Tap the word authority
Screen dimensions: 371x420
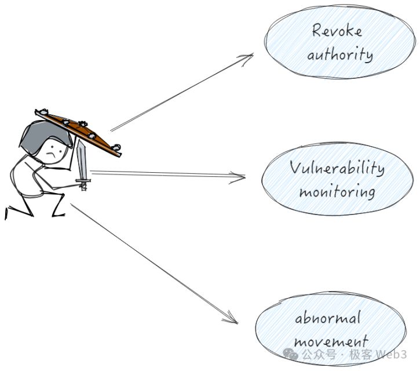(x=340, y=55)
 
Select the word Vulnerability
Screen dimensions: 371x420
(x=337, y=168)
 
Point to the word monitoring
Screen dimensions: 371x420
(x=337, y=191)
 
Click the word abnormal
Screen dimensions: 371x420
(x=328, y=318)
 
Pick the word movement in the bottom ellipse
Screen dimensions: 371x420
(x=330, y=341)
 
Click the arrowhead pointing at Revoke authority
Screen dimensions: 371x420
(x=249, y=57)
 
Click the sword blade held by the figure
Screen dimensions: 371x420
(x=81, y=161)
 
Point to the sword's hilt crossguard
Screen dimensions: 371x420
(x=83, y=182)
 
